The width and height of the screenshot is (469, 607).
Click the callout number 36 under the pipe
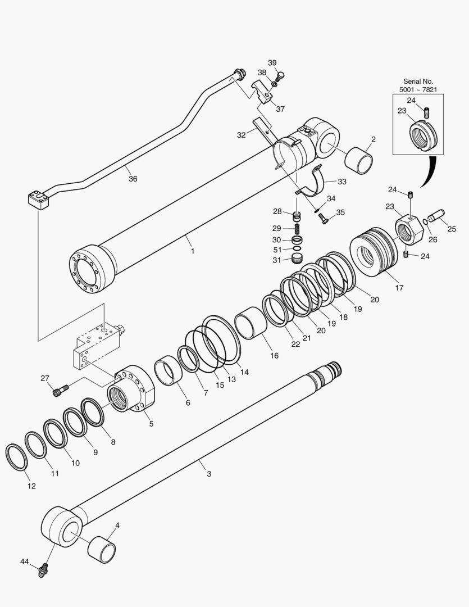(133, 179)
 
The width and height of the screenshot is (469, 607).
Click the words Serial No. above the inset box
(418, 81)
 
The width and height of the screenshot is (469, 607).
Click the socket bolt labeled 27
(60, 389)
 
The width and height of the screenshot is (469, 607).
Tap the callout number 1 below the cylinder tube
(192, 251)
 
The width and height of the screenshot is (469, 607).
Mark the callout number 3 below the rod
(208, 474)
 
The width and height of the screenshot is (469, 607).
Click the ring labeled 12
(16, 456)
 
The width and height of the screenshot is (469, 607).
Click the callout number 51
(277, 250)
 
